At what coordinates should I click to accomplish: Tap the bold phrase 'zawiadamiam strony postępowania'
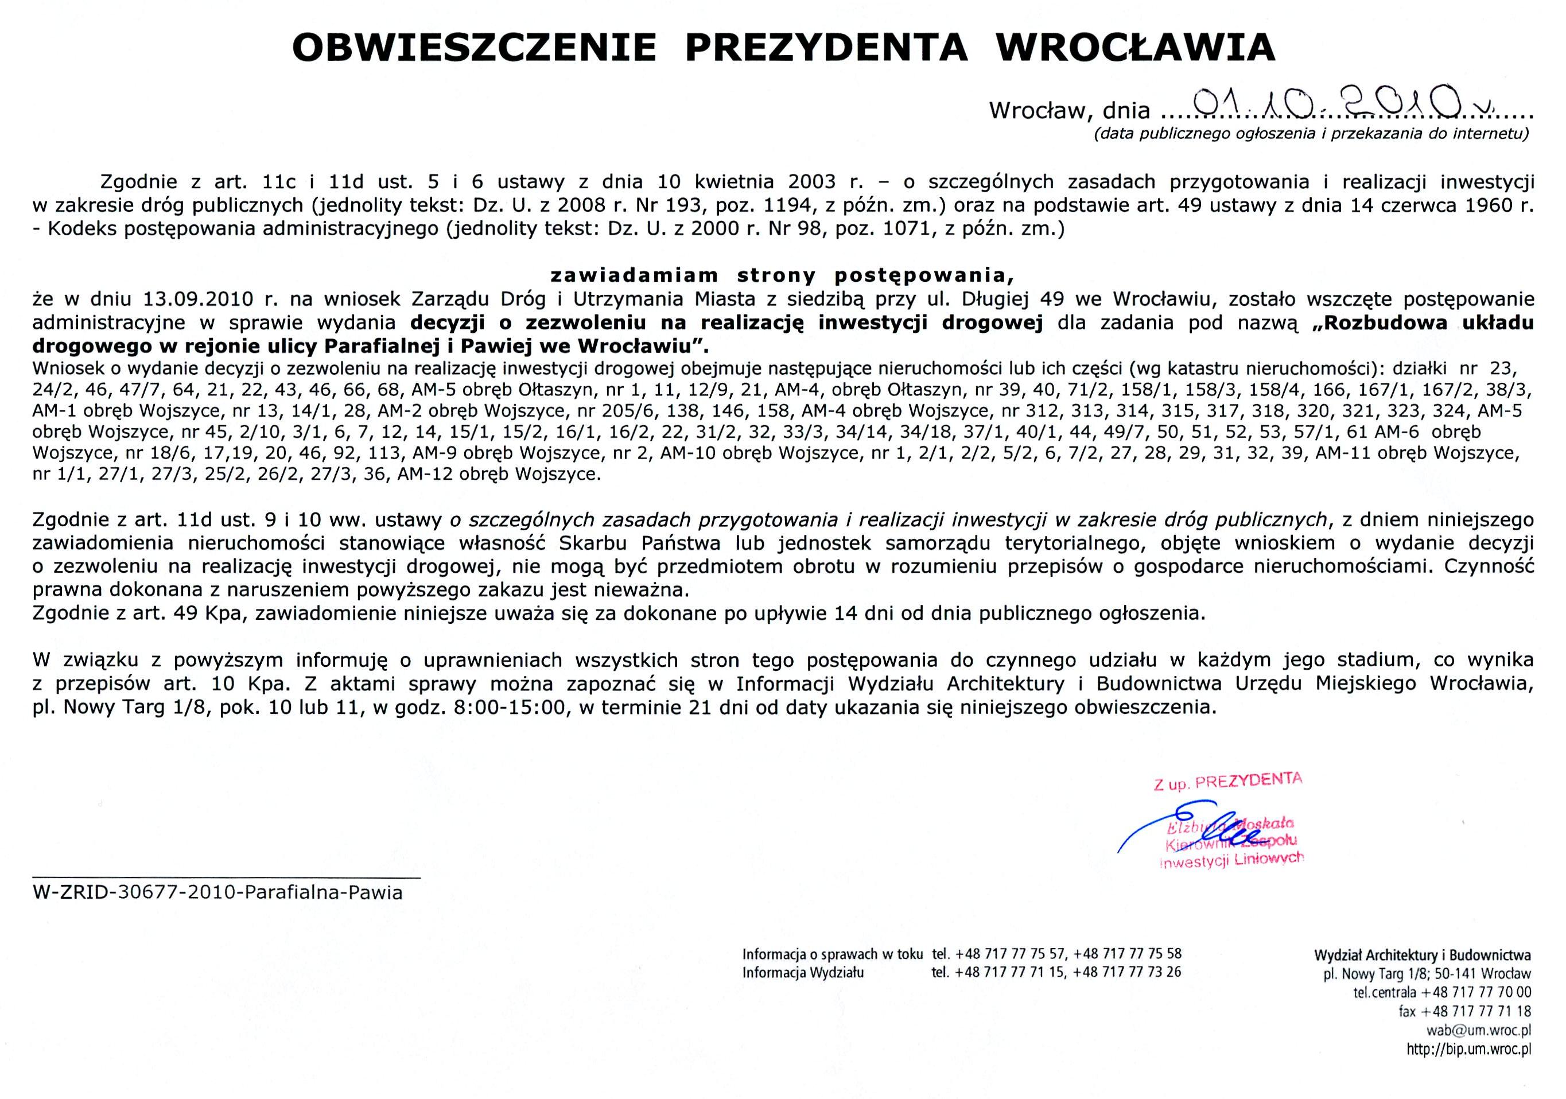tap(782, 275)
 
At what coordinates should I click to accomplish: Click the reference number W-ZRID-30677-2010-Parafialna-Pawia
tap(217, 893)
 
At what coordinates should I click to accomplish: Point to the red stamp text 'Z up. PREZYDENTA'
tap(1227, 782)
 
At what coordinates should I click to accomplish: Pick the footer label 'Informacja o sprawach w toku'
tap(832, 954)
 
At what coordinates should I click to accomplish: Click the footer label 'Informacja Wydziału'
tap(803, 972)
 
